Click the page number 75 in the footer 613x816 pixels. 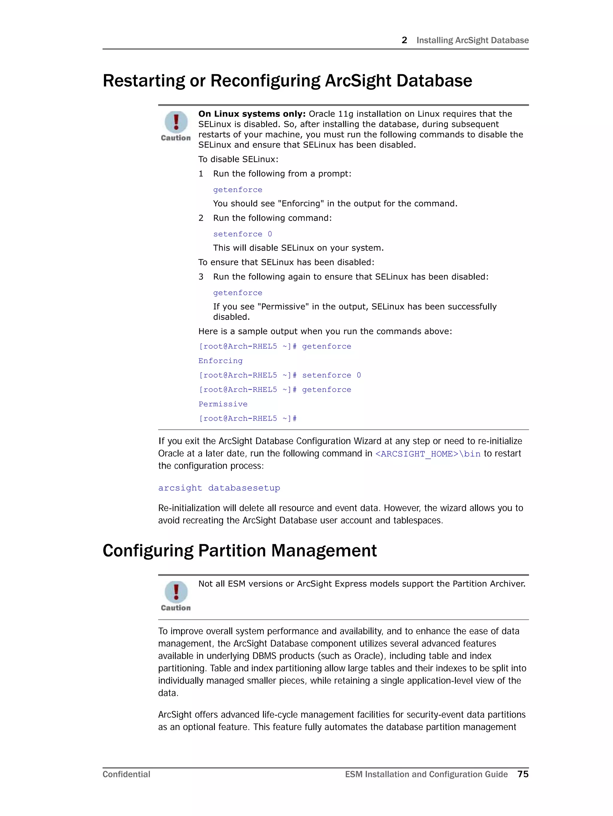523,774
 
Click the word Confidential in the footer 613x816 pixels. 126,774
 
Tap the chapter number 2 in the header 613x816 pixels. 404,40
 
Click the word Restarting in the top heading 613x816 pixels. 143,81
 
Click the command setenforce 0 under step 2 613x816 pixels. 242,234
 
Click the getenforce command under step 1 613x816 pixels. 238,190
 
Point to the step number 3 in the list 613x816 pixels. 201,277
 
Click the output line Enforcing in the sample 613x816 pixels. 220,361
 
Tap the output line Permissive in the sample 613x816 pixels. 223,404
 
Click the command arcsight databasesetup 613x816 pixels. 219,488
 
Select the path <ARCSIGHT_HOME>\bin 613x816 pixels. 427,454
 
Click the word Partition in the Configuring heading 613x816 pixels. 232,551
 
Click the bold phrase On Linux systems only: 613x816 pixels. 252,114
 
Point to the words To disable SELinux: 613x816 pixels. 238,159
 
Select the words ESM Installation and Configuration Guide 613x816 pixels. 426,774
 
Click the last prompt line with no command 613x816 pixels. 248,418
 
